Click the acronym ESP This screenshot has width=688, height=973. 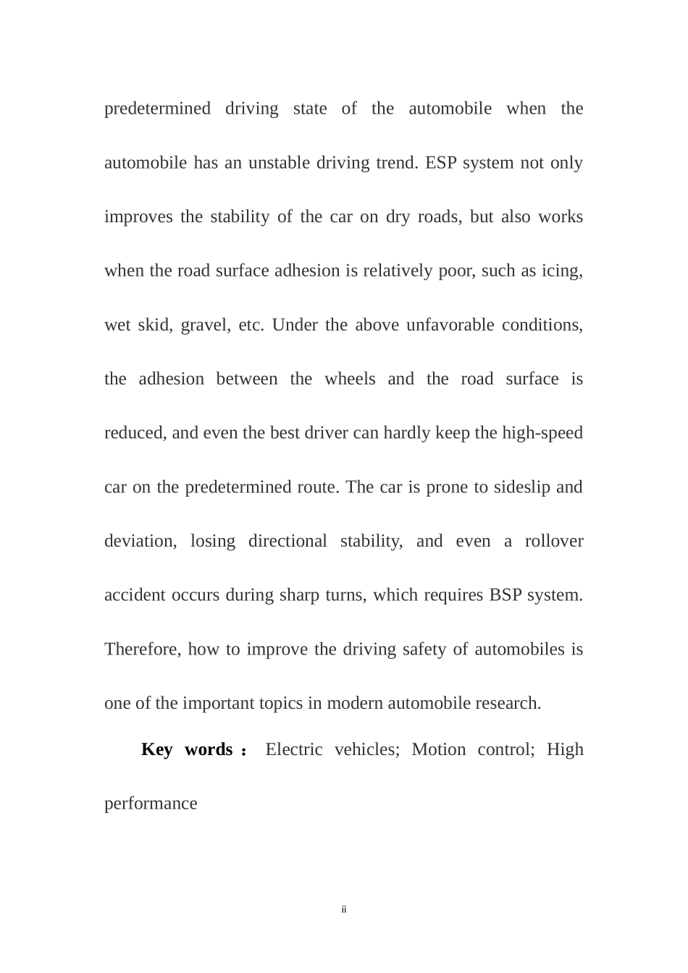point(440,163)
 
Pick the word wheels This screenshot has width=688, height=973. point(350,379)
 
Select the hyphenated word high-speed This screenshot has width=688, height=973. point(542,433)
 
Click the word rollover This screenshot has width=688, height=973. point(554,542)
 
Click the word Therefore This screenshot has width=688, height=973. point(143,649)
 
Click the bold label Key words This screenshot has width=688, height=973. point(187,749)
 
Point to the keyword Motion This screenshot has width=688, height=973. point(439,749)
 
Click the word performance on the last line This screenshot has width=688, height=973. point(151,804)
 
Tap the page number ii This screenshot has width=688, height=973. point(344,909)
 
